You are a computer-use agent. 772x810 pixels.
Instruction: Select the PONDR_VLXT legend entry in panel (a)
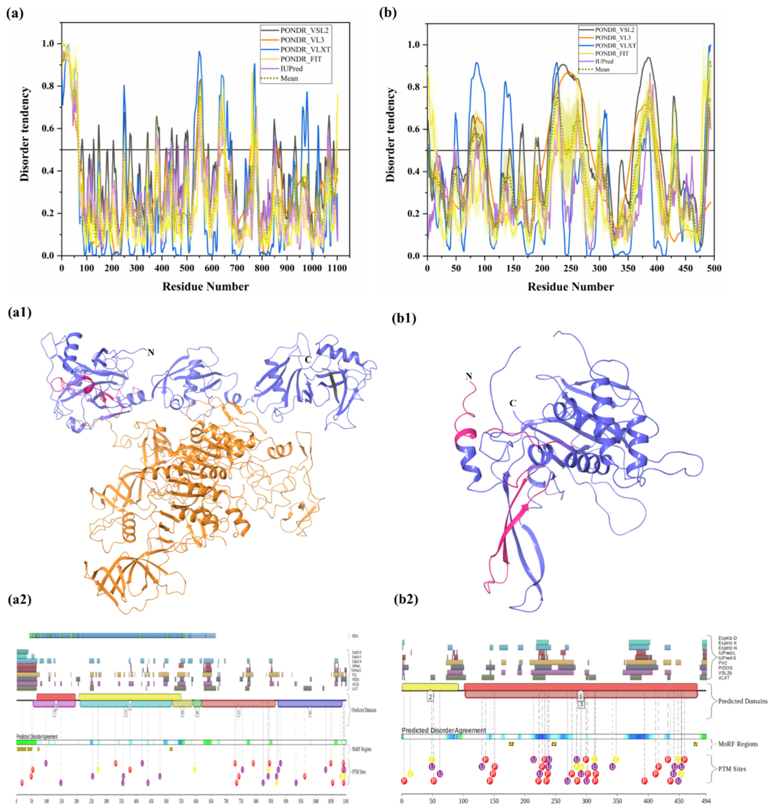(x=305, y=49)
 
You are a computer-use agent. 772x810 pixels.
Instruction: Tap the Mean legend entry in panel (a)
(x=289, y=78)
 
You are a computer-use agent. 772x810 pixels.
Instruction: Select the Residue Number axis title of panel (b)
(x=570, y=286)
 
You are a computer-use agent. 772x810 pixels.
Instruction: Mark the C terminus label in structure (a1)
(x=307, y=359)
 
